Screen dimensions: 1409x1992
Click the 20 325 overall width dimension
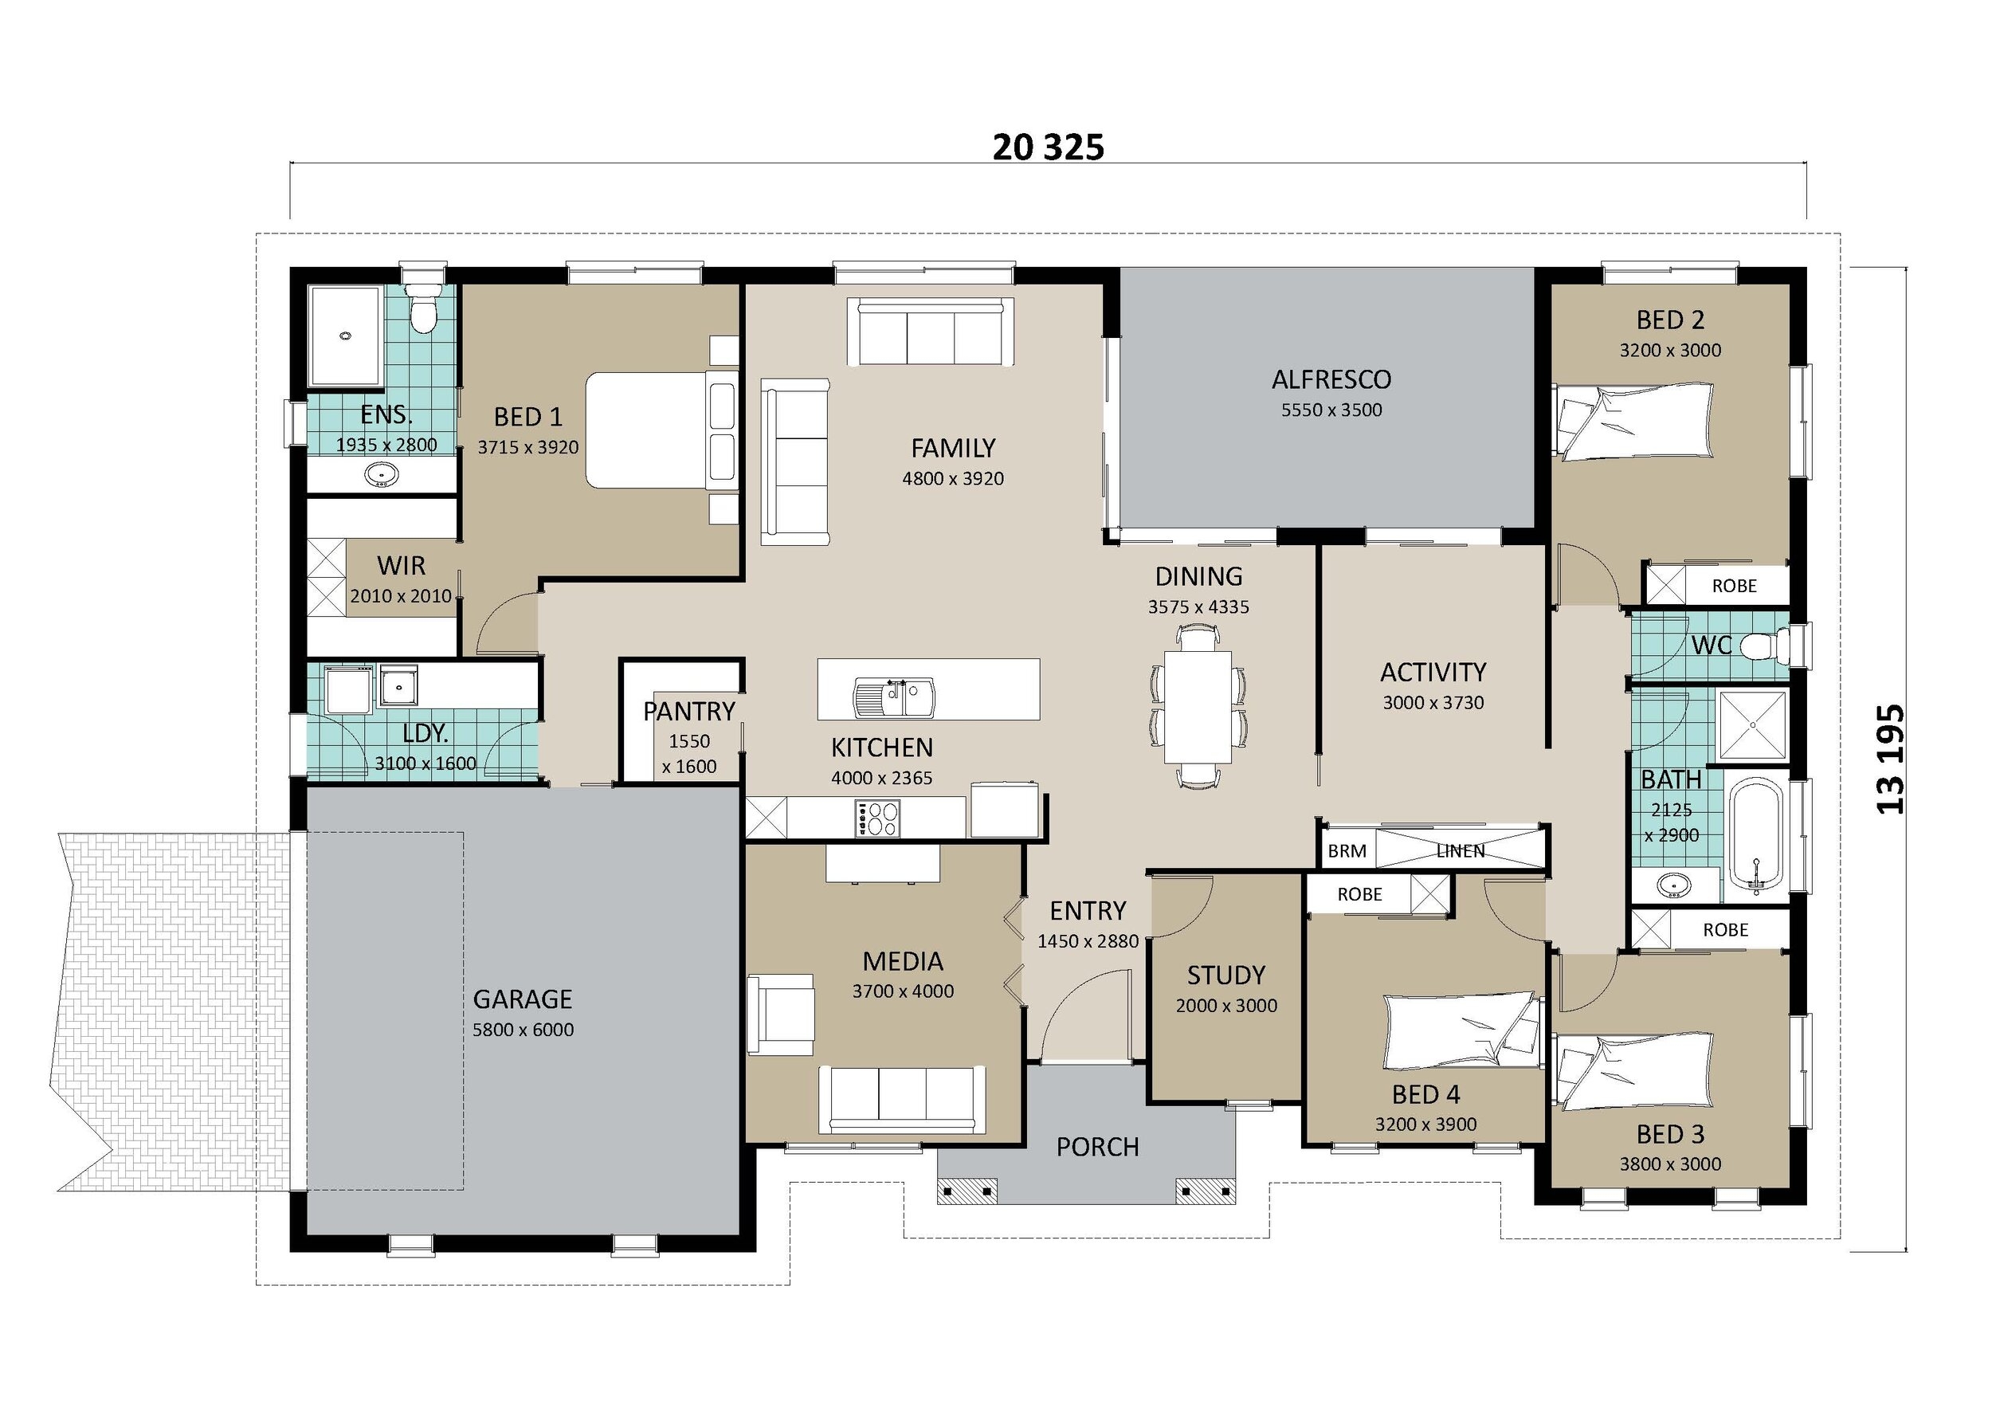point(1048,147)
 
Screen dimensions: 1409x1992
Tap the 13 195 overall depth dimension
point(1892,759)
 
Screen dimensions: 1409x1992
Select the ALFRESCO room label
point(1331,379)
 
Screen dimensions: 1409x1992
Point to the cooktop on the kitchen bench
point(879,818)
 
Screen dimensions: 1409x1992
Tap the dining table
point(1198,706)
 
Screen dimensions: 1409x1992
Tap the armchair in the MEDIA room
point(781,1015)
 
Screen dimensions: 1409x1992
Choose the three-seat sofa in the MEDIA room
point(902,1098)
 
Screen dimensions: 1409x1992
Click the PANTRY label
point(689,712)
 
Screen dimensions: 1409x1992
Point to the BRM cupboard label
point(1347,851)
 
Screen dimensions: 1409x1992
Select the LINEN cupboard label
point(1461,851)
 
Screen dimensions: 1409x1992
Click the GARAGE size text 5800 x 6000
point(523,1030)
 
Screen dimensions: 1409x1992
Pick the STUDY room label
point(1226,975)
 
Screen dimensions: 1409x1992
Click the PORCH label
point(1097,1147)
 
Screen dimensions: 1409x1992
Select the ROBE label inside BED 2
point(1734,586)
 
